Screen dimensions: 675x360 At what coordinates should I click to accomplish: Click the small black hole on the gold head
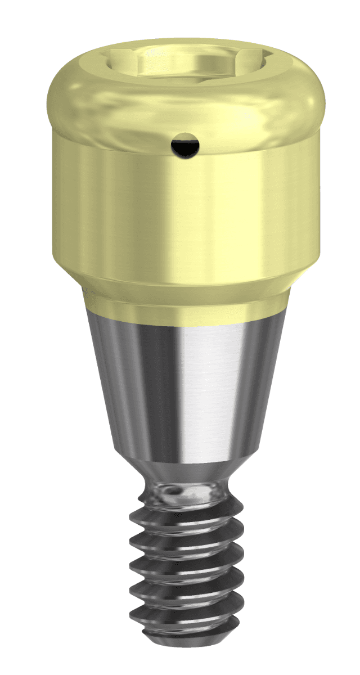(185, 145)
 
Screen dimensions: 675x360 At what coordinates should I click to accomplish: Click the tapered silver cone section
(186, 382)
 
